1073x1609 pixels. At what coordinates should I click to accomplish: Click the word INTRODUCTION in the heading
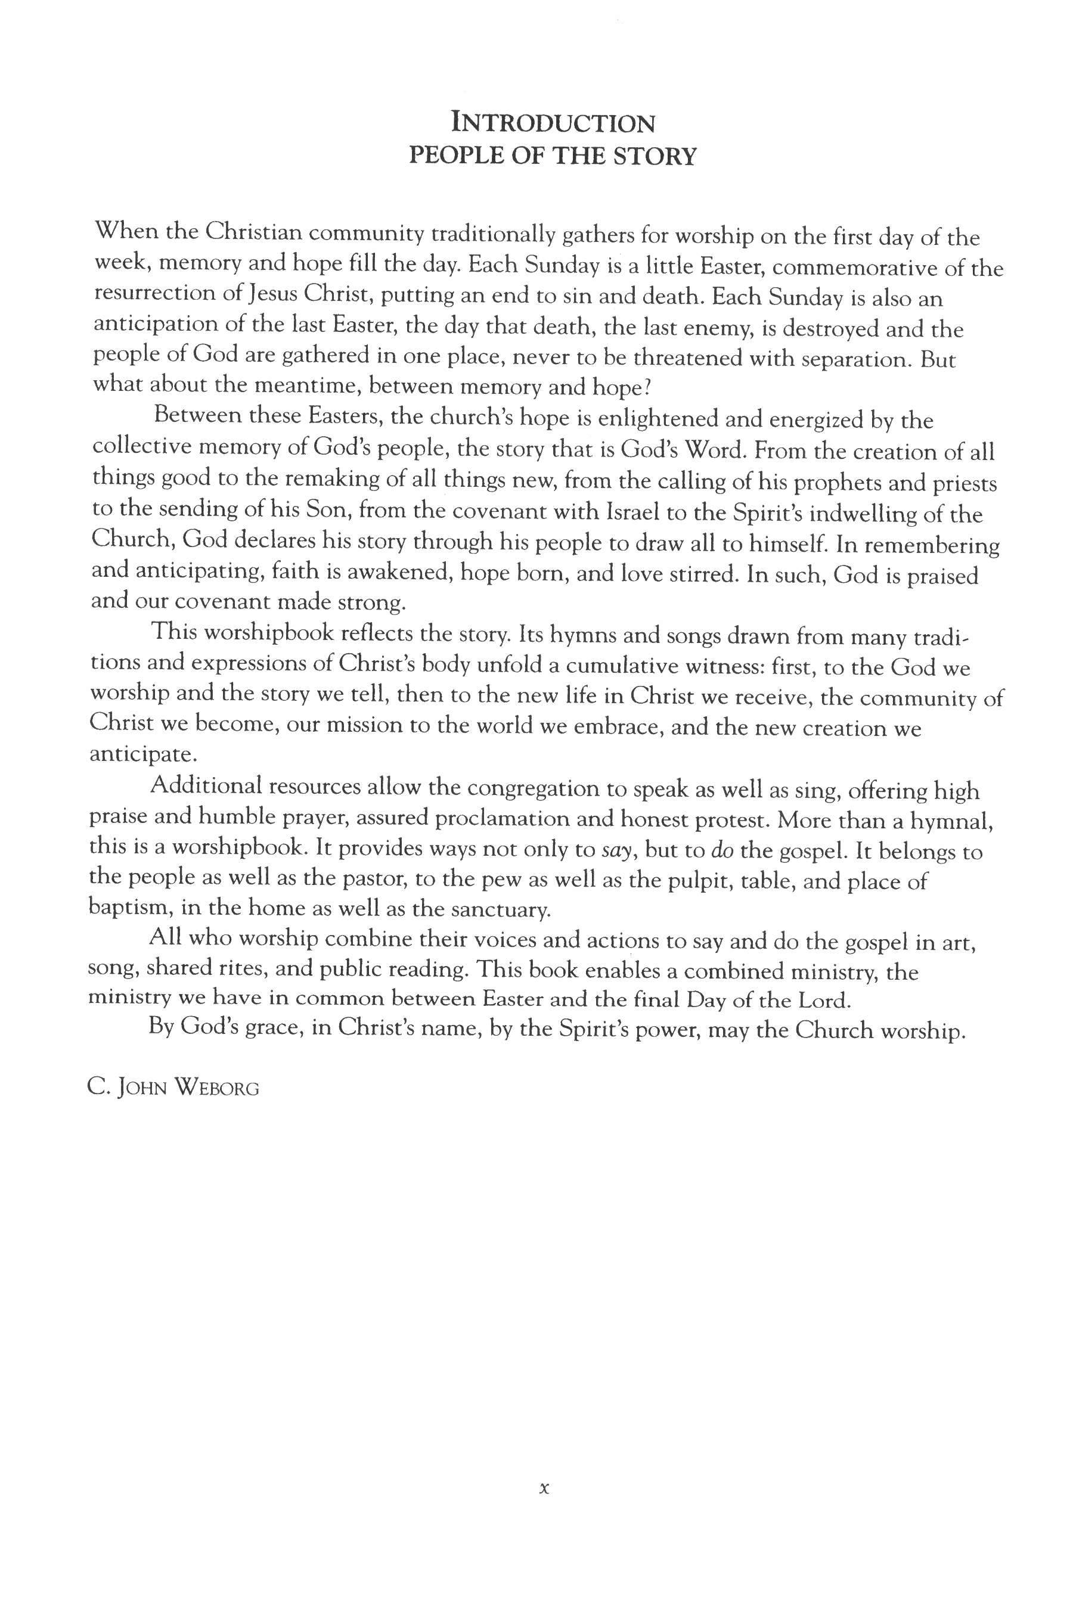553,124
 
